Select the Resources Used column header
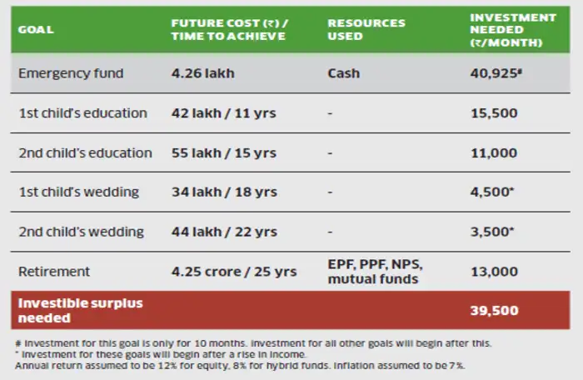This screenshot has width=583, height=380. click(366, 30)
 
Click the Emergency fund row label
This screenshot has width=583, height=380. click(71, 73)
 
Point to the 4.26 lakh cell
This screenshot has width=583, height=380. click(203, 73)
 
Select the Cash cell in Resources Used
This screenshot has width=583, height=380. click(344, 73)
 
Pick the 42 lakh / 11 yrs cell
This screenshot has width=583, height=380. click(223, 113)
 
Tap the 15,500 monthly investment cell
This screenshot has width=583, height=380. click(494, 113)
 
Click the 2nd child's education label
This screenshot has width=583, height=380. click(85, 153)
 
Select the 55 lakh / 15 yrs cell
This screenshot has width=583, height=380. click(224, 153)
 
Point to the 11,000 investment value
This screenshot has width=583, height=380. click(494, 153)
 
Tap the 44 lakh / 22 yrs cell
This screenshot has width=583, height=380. click(225, 232)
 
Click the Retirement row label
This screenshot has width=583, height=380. click(54, 271)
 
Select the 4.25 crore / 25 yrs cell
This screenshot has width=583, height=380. click(234, 271)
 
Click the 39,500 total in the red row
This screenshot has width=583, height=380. click(494, 311)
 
